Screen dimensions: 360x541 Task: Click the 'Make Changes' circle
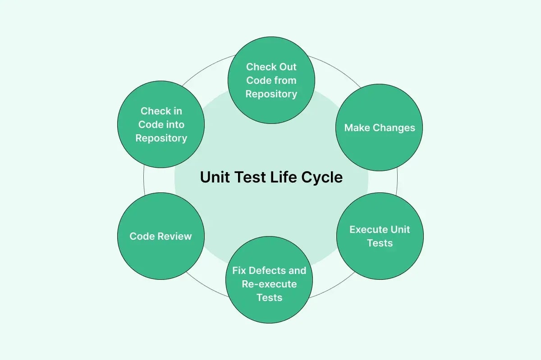pyautogui.click(x=380, y=128)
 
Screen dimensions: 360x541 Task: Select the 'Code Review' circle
pyautogui.click(x=161, y=236)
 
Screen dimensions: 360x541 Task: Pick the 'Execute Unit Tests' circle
pyautogui.click(x=380, y=236)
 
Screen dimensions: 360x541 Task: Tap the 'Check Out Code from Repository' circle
pyautogui.click(x=271, y=80)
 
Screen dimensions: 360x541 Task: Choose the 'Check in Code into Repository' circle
pyautogui.click(x=161, y=124)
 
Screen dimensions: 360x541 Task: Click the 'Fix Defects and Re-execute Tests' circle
pyautogui.click(x=269, y=284)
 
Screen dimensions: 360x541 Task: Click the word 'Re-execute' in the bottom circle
pyautogui.click(x=269, y=284)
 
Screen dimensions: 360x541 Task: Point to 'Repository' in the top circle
pyautogui.click(x=271, y=94)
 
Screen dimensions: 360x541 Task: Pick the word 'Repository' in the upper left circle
pyautogui.click(x=161, y=138)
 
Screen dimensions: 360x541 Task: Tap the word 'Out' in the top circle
pyautogui.click(x=288, y=67)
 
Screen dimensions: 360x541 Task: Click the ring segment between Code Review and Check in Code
pyautogui.click(x=144, y=180)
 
